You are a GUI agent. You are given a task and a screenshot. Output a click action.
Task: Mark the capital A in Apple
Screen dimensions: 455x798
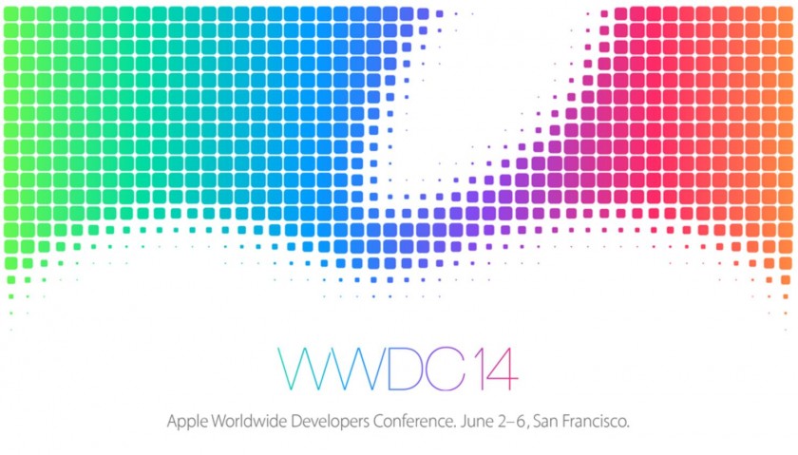point(172,418)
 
